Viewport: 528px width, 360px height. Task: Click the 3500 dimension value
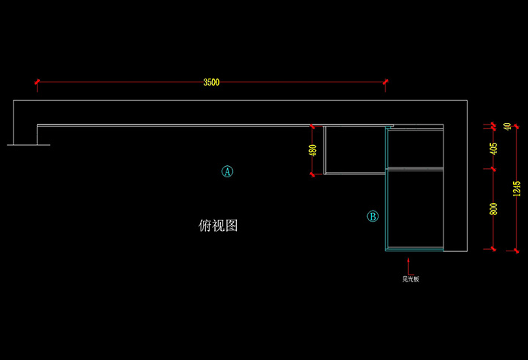click(x=211, y=82)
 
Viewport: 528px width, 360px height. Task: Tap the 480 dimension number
click(x=312, y=150)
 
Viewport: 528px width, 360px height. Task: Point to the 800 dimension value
click(x=493, y=209)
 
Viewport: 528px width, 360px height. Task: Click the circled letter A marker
click(x=227, y=171)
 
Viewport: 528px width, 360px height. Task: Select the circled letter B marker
click(x=373, y=217)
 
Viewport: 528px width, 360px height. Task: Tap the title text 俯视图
click(x=218, y=225)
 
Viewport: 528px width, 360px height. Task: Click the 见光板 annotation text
click(x=410, y=279)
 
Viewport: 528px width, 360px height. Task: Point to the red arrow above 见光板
click(x=408, y=265)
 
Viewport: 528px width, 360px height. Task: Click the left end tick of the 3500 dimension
click(x=36, y=82)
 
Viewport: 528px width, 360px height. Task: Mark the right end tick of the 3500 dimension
click(x=385, y=82)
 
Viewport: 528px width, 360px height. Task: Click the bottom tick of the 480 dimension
click(x=312, y=174)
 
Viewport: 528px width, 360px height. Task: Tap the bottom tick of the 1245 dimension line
click(x=516, y=249)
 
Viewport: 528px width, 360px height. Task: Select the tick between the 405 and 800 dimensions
click(x=493, y=168)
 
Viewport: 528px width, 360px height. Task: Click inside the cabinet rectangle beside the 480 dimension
click(x=355, y=149)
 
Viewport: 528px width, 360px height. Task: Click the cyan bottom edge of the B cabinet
click(x=415, y=249)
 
